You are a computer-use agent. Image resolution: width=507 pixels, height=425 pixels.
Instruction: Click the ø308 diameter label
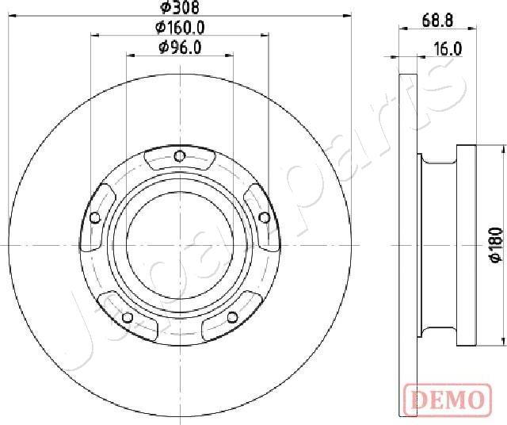(179, 7)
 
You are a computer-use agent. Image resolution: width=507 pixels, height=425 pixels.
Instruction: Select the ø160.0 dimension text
(180, 27)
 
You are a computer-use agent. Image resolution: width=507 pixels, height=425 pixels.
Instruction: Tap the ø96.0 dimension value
(180, 48)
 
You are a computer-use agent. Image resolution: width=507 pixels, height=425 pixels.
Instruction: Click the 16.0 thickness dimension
(448, 49)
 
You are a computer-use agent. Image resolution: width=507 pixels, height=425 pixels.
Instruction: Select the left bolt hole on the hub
(95, 218)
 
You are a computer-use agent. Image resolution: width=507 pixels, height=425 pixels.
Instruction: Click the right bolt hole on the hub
(263, 216)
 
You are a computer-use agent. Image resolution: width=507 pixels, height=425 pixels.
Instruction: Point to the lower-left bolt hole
(127, 318)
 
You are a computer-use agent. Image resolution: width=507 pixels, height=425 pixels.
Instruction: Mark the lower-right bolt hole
(232, 317)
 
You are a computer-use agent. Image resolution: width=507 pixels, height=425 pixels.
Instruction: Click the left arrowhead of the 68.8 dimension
(401, 29)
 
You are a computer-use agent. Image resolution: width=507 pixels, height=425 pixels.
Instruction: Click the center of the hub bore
(179, 244)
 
